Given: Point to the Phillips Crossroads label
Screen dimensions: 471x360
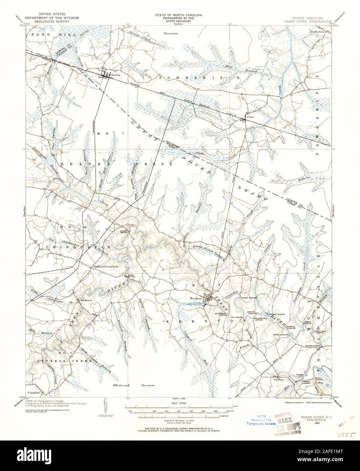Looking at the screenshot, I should tap(106, 267).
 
